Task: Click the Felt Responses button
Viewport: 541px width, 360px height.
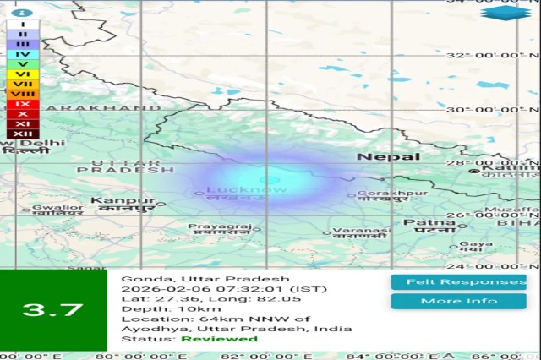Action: pyautogui.click(x=458, y=281)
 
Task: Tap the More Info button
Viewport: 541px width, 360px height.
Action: pyautogui.click(x=458, y=301)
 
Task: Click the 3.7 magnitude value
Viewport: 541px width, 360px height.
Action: pyautogui.click(x=52, y=310)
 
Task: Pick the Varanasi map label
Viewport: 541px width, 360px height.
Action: pyautogui.click(x=361, y=231)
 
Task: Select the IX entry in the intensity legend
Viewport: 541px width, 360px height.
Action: pyautogui.click(x=23, y=103)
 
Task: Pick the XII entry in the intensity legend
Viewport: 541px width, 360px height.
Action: pyautogui.click(x=23, y=134)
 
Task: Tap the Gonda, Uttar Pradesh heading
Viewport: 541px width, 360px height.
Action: pyautogui.click(x=205, y=278)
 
